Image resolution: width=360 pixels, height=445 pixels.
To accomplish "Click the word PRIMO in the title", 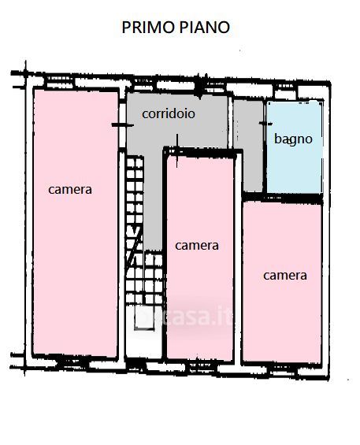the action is click(x=147, y=28).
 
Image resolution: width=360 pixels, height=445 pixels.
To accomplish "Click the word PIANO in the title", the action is click(x=205, y=28).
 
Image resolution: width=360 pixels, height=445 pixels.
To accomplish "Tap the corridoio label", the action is click(x=169, y=113).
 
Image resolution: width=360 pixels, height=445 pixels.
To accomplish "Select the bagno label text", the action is click(x=293, y=139).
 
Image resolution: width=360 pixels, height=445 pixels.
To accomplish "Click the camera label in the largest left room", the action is click(x=70, y=190).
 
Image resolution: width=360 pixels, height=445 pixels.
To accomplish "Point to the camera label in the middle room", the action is click(x=197, y=246).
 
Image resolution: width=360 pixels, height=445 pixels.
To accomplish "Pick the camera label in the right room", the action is click(x=285, y=276).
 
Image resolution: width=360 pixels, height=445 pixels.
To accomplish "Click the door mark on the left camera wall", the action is click(x=122, y=125).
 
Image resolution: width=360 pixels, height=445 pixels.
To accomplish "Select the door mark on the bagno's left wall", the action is click(x=265, y=124).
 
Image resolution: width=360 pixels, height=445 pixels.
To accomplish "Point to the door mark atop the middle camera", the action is click(x=177, y=151).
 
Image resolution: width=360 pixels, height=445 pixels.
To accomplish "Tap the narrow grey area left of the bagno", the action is click(x=249, y=145).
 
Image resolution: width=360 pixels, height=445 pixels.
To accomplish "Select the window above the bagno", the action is click(x=286, y=91).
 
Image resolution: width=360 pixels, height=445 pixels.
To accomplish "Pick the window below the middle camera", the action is click(x=201, y=368).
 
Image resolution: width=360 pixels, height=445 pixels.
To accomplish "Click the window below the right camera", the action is click(x=282, y=371).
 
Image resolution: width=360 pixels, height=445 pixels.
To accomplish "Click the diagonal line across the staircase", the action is click(x=134, y=247).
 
